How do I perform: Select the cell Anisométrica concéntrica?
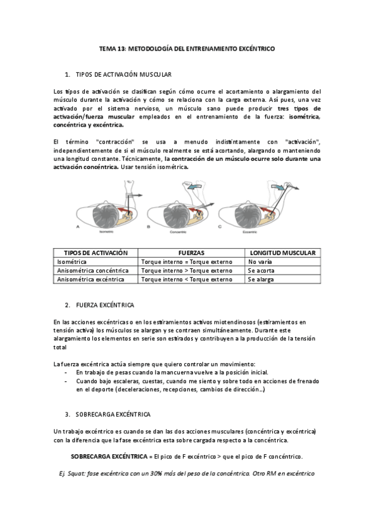click(x=92, y=271)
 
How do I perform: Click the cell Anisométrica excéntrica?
click(x=90, y=279)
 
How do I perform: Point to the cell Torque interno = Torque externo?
click(x=187, y=261)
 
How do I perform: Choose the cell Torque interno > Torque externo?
click(x=187, y=271)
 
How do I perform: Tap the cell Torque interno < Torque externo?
click(x=187, y=279)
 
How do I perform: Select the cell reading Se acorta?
click(x=260, y=271)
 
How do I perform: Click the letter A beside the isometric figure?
click(x=76, y=227)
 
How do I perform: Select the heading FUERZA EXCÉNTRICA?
click(x=103, y=305)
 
